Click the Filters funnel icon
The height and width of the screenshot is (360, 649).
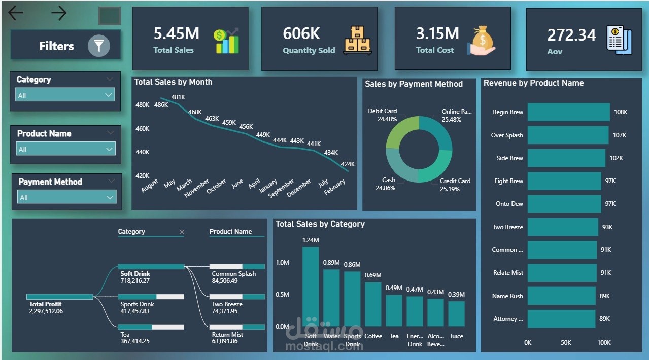[98, 46]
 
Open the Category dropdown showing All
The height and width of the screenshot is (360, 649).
[65, 95]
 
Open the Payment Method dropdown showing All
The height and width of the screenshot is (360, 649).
[66, 197]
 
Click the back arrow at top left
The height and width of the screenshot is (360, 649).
[16, 13]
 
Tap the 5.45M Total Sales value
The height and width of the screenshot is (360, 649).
[177, 33]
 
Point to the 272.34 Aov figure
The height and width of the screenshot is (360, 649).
[571, 35]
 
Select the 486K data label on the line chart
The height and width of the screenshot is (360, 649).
[161, 105]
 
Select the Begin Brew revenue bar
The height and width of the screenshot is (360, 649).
[568, 112]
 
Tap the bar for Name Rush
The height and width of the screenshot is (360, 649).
[561, 296]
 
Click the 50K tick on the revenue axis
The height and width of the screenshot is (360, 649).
[566, 343]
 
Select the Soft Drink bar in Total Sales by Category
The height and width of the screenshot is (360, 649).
[311, 286]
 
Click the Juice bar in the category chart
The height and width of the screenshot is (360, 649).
[456, 313]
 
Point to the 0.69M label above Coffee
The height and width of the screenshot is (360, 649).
[373, 275]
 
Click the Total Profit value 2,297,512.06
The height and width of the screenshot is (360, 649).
[46, 311]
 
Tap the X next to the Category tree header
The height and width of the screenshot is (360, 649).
[182, 232]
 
